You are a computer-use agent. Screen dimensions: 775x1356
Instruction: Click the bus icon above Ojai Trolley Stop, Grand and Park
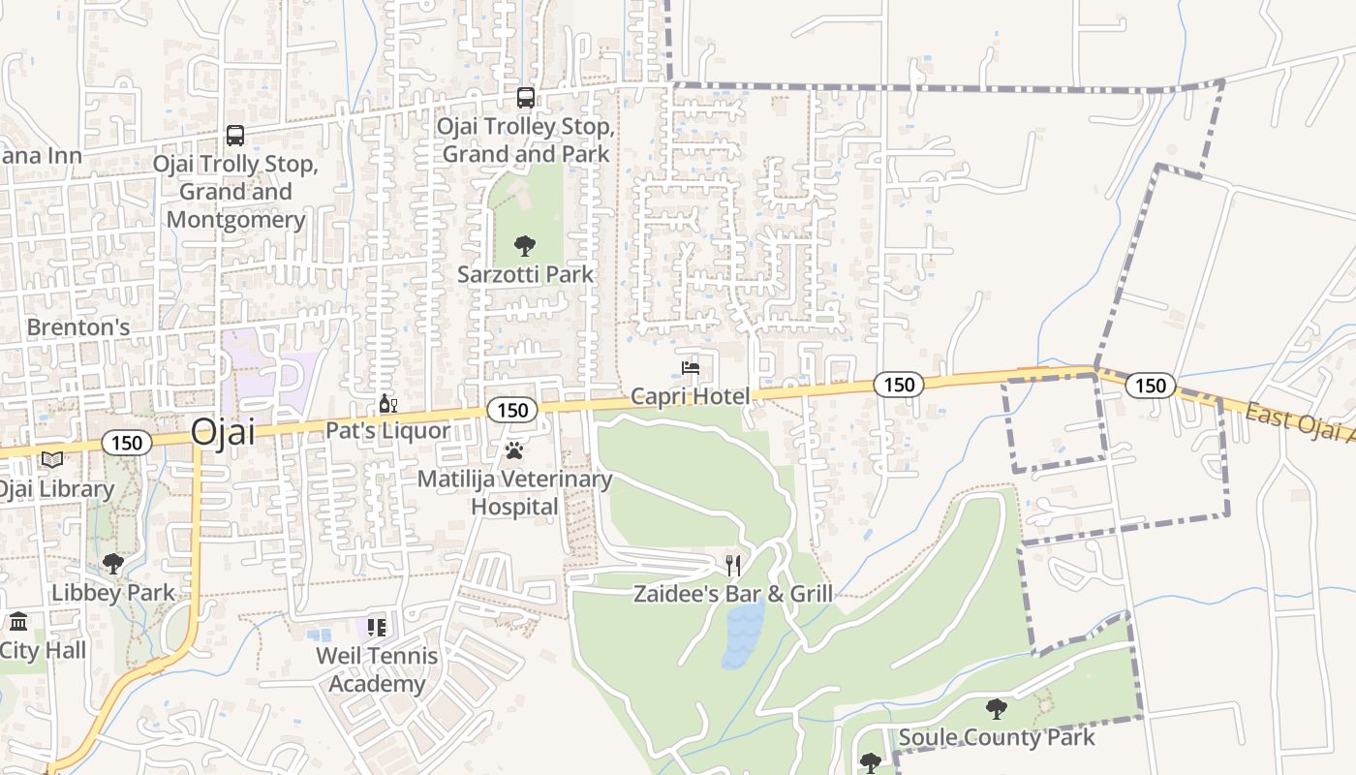[x=525, y=98]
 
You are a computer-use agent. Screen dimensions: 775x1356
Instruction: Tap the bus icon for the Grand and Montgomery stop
[x=235, y=136]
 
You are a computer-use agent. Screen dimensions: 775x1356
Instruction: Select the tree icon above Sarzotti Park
[x=525, y=246]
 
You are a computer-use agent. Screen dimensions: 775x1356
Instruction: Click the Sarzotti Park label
[x=525, y=275]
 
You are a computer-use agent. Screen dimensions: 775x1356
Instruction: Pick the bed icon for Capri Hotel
[x=691, y=368]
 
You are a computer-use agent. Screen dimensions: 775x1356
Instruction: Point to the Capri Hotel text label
[x=690, y=396]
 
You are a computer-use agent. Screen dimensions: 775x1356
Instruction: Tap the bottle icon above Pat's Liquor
[x=387, y=404]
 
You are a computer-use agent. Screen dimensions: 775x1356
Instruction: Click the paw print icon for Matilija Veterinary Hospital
[x=514, y=450]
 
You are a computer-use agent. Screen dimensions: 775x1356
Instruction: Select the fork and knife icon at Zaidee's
[x=733, y=565]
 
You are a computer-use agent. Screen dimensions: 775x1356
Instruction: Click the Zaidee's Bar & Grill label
[x=733, y=594]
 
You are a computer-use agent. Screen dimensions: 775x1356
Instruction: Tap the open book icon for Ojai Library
[x=52, y=460]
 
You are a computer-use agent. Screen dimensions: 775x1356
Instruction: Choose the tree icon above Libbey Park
[x=113, y=564]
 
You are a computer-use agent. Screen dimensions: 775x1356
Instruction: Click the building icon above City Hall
[x=18, y=621]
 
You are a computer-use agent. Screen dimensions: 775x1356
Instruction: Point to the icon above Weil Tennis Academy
[x=376, y=628]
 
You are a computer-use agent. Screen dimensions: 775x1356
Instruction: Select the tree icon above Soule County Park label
[x=996, y=708]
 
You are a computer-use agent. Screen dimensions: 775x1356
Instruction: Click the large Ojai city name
[x=223, y=432]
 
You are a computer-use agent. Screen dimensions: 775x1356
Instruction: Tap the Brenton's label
[x=77, y=327]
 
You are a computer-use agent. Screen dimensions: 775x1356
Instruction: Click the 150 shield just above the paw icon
[x=511, y=411]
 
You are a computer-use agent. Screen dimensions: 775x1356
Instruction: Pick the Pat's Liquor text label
[x=387, y=431]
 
